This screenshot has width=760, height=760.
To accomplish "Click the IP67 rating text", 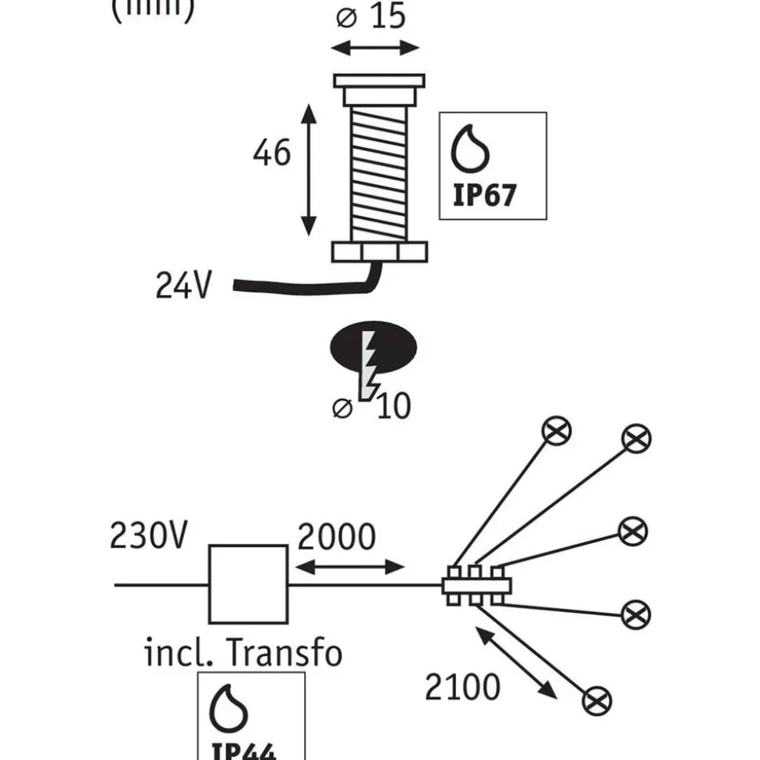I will coord(486,194).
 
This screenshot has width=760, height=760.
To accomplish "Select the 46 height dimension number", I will coord(272,153).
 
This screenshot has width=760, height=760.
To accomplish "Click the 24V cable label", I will coord(183,286).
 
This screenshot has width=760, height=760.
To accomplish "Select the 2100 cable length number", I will coord(462,687).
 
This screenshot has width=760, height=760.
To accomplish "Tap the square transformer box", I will coord(248,583).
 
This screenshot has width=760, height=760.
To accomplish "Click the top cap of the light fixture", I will coord(379,81).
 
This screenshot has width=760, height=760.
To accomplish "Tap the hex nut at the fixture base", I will coord(380,252).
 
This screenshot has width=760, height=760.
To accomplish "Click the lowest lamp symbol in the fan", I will coord(597,699).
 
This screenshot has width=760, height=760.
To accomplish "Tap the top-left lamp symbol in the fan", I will coord(559,430).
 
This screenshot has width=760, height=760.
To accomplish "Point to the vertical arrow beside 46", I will coord(310,169).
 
